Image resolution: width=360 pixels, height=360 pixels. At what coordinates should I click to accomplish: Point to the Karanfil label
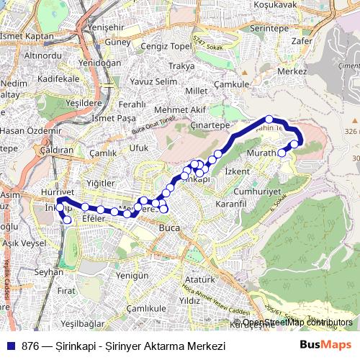click(x=231, y=204)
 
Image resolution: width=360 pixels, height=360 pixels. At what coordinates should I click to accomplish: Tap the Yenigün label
click(x=132, y=275)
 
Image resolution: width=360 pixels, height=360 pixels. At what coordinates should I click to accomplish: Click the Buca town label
click(x=169, y=230)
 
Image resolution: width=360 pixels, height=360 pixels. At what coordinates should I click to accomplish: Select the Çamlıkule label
click(x=141, y=307)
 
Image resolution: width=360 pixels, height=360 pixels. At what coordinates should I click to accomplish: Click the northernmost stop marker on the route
click(x=269, y=120)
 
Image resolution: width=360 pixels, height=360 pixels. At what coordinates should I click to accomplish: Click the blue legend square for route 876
click(x=9, y=346)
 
